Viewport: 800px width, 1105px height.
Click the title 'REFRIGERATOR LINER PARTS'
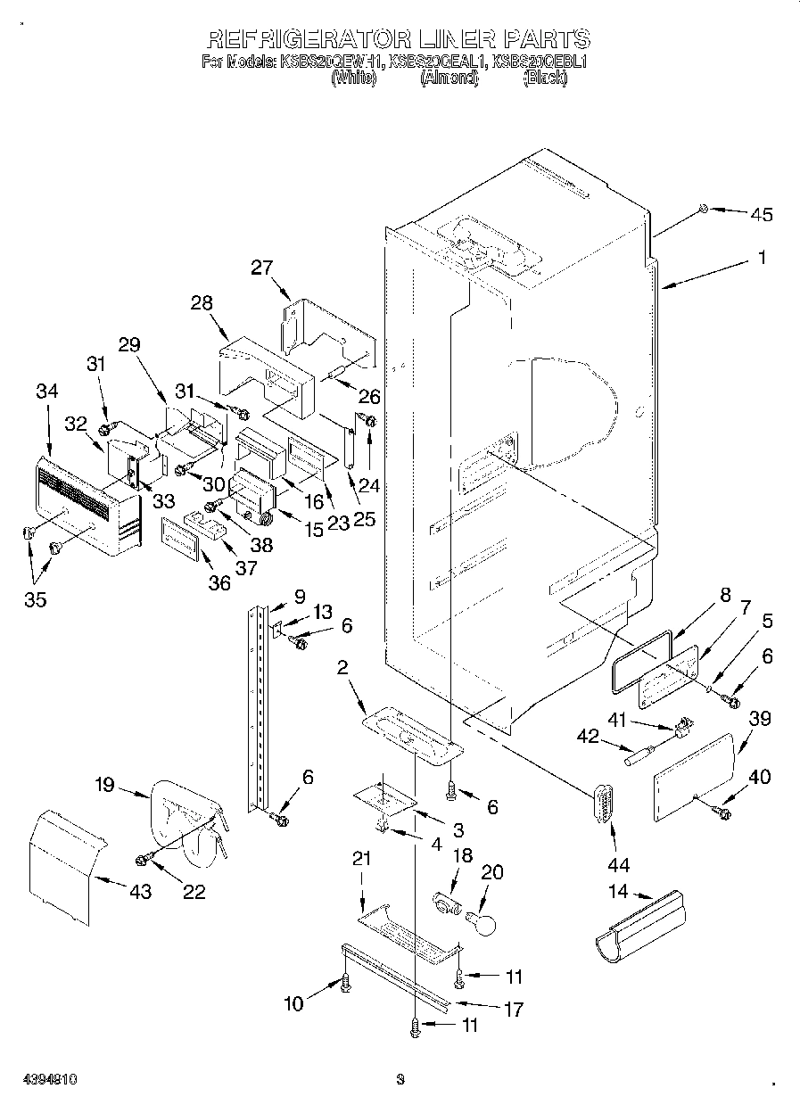pos(398,38)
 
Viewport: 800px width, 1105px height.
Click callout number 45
pos(762,214)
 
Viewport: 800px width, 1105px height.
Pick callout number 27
pos(261,268)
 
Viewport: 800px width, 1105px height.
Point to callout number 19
pos(104,786)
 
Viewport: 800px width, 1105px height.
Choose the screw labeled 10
pos(344,983)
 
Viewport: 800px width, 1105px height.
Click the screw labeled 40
pos(721,812)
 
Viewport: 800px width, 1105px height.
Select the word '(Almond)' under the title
pos(449,78)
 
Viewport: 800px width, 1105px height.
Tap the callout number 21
pos(360,859)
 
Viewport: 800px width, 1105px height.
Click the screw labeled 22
pos(142,858)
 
